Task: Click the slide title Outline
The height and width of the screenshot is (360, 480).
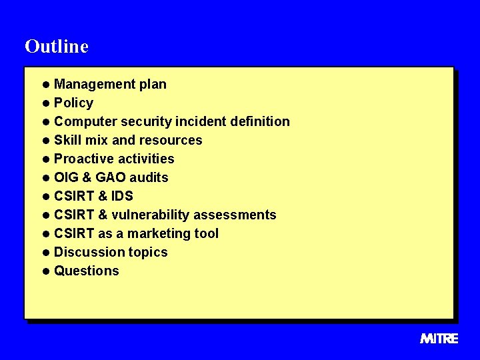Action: pos(56,46)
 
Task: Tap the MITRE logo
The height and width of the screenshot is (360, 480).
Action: pos(439,339)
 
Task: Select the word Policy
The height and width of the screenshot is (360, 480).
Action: pos(73,103)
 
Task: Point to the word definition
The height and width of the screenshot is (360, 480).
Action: pos(257,121)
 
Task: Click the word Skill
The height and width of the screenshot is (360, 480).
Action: pos(68,140)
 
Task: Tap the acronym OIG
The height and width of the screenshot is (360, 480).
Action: pos(66,177)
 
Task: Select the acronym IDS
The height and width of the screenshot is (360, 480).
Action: pos(121,196)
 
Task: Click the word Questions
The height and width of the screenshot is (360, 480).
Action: pos(86,271)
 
